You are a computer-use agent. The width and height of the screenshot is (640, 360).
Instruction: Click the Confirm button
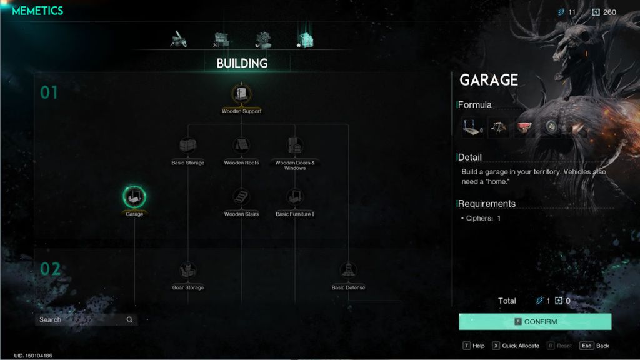pyautogui.click(x=535, y=322)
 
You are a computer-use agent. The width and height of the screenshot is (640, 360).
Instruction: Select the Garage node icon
pyautogui.click(x=134, y=197)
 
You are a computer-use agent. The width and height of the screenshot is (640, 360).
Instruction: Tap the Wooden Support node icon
pyautogui.click(x=241, y=94)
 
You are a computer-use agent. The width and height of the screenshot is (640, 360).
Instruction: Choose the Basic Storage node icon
pyautogui.click(x=187, y=145)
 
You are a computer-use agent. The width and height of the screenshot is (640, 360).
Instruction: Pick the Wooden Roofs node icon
pyautogui.click(x=241, y=145)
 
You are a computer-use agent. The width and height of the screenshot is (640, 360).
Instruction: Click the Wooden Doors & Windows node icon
pyautogui.click(x=295, y=145)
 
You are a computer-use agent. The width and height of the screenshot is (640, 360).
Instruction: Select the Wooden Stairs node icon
pyautogui.click(x=241, y=197)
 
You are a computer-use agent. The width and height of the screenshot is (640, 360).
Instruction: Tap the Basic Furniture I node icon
pyautogui.click(x=295, y=197)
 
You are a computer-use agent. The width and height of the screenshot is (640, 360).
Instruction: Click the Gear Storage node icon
pyautogui.click(x=187, y=270)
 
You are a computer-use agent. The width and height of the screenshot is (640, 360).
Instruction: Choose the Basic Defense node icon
pyautogui.click(x=348, y=270)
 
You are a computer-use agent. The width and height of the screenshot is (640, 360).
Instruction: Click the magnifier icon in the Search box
pyautogui.click(x=129, y=319)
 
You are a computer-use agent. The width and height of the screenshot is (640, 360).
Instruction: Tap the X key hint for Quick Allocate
pyautogui.click(x=496, y=346)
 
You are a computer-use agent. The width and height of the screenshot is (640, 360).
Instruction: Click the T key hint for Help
pyautogui.click(x=466, y=346)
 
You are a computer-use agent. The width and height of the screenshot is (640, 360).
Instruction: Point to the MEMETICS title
pyautogui.click(x=37, y=11)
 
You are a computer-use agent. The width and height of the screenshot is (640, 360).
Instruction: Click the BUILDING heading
pyautogui.click(x=242, y=63)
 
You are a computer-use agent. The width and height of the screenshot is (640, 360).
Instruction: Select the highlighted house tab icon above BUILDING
pyautogui.click(x=305, y=40)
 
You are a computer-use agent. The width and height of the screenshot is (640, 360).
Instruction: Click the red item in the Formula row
pyautogui.click(x=524, y=127)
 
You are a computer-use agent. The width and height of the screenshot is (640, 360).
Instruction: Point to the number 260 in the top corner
pyautogui.click(x=609, y=12)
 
